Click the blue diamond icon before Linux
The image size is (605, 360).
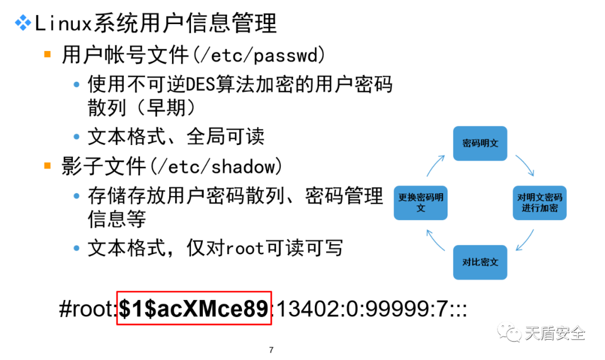[23, 23]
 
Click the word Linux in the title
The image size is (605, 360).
[63, 24]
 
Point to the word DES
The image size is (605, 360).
[200, 85]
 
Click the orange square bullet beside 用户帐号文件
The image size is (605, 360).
[48, 54]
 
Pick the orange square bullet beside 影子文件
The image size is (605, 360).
[48, 166]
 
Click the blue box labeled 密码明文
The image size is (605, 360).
[480, 143]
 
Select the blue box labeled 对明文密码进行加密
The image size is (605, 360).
[539, 203]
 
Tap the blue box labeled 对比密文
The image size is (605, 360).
[480, 263]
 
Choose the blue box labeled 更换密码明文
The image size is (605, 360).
[421, 203]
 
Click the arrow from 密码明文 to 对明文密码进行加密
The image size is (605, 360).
[525, 165]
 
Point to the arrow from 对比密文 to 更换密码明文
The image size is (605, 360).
[435, 240]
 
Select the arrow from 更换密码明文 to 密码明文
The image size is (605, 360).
[435, 166]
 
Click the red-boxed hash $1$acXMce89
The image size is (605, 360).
[194, 308]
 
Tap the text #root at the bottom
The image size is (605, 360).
[87, 308]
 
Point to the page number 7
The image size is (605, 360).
[271, 350]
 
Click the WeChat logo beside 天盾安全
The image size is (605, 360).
[509, 332]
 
